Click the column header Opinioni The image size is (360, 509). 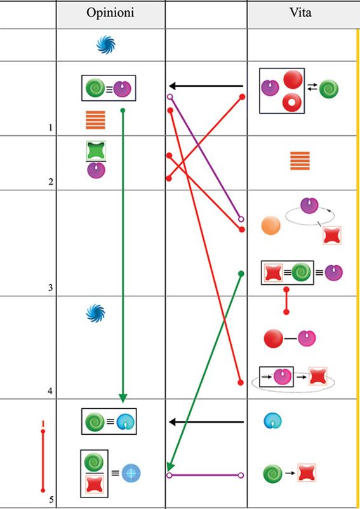click(x=110, y=13)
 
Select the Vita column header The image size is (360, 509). click(x=300, y=12)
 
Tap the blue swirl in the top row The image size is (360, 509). click(x=106, y=45)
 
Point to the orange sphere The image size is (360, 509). click(x=270, y=226)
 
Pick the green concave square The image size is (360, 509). click(x=96, y=150)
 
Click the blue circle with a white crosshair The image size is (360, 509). click(x=131, y=473)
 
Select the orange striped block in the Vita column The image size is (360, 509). click(x=300, y=161)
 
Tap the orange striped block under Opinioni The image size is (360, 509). click(x=95, y=120)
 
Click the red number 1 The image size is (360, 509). click(x=43, y=423)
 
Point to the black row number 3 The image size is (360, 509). click(x=50, y=288)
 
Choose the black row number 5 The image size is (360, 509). click(x=51, y=499)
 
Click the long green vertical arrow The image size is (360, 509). click(x=123, y=256)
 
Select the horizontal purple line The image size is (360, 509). click(x=205, y=475)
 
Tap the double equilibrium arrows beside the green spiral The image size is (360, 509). click(x=312, y=88)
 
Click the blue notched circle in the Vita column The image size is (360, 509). click(x=272, y=421)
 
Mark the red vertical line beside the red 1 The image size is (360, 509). click(x=43, y=461)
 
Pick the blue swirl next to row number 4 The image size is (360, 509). click(x=96, y=314)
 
